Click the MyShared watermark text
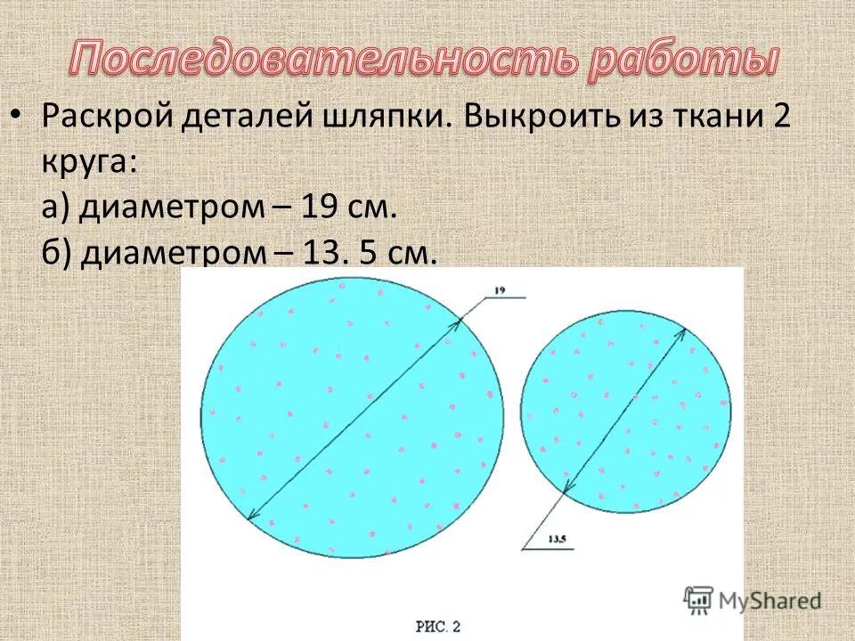tap(769, 601)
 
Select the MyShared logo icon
tap(699, 599)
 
